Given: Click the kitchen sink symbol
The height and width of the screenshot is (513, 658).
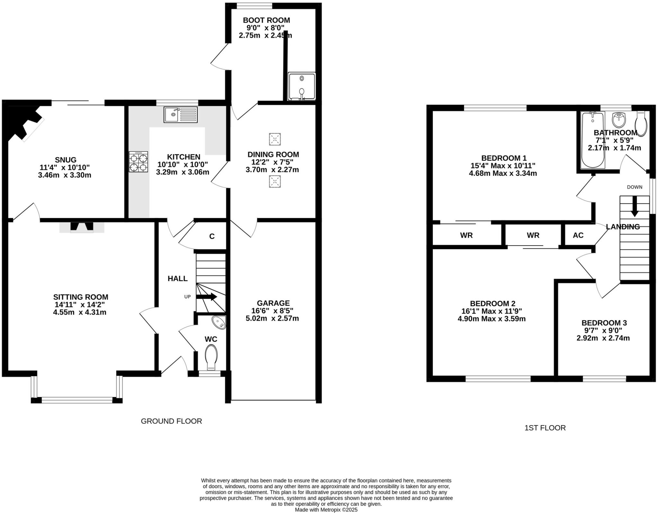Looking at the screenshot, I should [x=181, y=114].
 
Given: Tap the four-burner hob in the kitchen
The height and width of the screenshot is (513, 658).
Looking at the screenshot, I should [x=138, y=162].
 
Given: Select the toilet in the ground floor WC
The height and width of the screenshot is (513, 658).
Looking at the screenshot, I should [x=211, y=357].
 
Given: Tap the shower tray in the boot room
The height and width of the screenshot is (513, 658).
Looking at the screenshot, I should [x=302, y=86].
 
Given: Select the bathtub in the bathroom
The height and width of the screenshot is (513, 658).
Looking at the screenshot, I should [x=593, y=140].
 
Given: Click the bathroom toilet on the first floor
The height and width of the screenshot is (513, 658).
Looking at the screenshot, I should [x=641, y=124].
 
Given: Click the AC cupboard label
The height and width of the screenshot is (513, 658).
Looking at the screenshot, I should [x=578, y=235].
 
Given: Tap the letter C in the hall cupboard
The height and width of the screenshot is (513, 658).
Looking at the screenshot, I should [x=212, y=236].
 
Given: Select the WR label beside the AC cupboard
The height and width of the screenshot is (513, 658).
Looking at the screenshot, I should [x=533, y=235].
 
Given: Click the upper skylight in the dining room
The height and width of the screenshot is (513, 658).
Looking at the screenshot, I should [x=275, y=139].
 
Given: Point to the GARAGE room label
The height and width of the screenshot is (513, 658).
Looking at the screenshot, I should [x=273, y=303].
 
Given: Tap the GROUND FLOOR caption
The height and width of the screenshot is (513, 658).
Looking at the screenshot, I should [x=171, y=421].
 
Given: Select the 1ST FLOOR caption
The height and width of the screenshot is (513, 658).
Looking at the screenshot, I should [x=545, y=428].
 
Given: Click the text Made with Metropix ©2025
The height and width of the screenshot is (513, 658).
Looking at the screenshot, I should [x=326, y=510].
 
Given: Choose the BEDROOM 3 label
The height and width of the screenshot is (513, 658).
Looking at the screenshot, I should [x=604, y=323].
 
